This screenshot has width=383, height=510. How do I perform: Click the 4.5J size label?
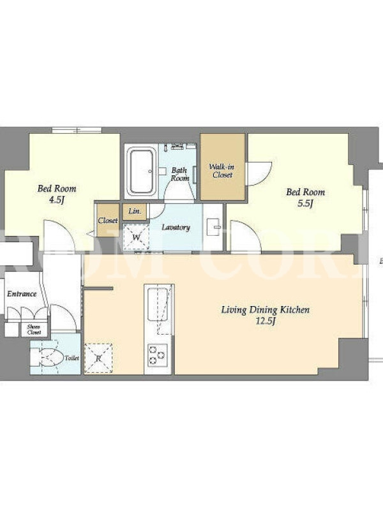56,200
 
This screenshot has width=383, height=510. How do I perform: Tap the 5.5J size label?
305,203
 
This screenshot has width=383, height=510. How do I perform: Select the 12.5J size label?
266,321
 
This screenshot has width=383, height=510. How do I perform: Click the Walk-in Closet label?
222,171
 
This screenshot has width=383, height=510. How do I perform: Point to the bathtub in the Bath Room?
140,171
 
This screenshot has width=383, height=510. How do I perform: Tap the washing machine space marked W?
136,237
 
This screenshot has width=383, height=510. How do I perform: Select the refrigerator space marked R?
98,358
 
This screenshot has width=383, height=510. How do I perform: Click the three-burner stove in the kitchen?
158,355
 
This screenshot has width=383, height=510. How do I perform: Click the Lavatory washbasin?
213,226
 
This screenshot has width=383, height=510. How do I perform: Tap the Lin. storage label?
135,211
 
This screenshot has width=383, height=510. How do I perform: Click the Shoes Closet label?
34,330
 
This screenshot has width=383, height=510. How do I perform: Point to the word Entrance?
22,294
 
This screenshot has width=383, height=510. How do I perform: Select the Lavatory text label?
176,227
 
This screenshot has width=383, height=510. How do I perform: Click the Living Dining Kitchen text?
266,310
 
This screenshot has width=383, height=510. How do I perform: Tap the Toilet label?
71,358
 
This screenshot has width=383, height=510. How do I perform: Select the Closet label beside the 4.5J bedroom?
108,220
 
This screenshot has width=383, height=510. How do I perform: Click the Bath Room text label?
180,174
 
